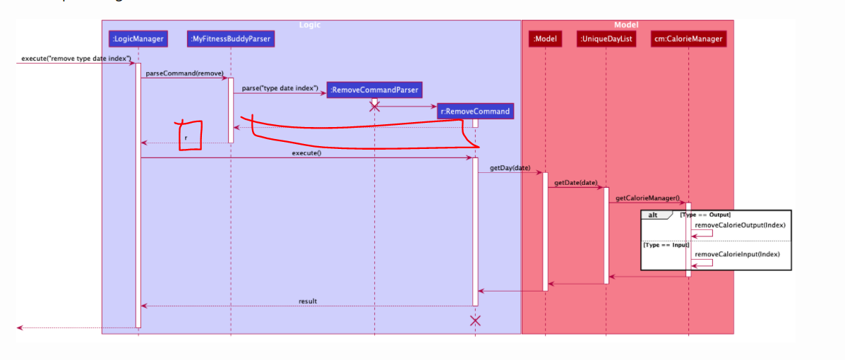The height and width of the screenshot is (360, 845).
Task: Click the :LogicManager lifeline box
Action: pos(138,39)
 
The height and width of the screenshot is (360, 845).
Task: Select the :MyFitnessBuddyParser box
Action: pos(230,39)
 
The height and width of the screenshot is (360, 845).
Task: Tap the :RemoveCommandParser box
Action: pos(374,90)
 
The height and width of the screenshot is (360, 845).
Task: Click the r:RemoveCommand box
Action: pos(474,111)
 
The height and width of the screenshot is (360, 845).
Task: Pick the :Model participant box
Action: pos(546,39)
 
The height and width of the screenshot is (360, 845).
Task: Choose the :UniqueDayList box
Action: pos(605,39)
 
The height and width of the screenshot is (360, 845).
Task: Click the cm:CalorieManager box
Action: pos(688,39)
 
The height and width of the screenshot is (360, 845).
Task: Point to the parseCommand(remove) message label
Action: pos(184,73)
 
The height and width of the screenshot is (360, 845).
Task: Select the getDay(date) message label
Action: pos(510,168)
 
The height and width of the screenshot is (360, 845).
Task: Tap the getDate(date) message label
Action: pos(575,183)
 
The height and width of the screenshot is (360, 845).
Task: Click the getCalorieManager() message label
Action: pos(647,198)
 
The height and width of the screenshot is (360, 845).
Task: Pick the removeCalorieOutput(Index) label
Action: pos(740,225)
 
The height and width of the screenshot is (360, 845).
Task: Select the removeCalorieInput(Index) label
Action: pos(737,254)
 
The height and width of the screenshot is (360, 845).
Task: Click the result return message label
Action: pos(308,301)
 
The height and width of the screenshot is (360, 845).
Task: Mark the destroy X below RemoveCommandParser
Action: pos(375,107)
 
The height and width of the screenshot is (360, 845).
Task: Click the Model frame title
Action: pos(626,25)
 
